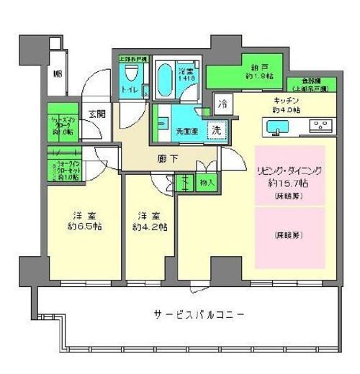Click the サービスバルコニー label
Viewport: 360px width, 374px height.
click(x=198, y=315)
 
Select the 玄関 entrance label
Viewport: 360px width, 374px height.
click(x=96, y=113)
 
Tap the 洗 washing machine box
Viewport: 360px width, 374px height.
click(x=215, y=130)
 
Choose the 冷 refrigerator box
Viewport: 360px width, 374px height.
click(x=223, y=102)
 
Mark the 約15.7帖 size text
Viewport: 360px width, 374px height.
click(x=290, y=184)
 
